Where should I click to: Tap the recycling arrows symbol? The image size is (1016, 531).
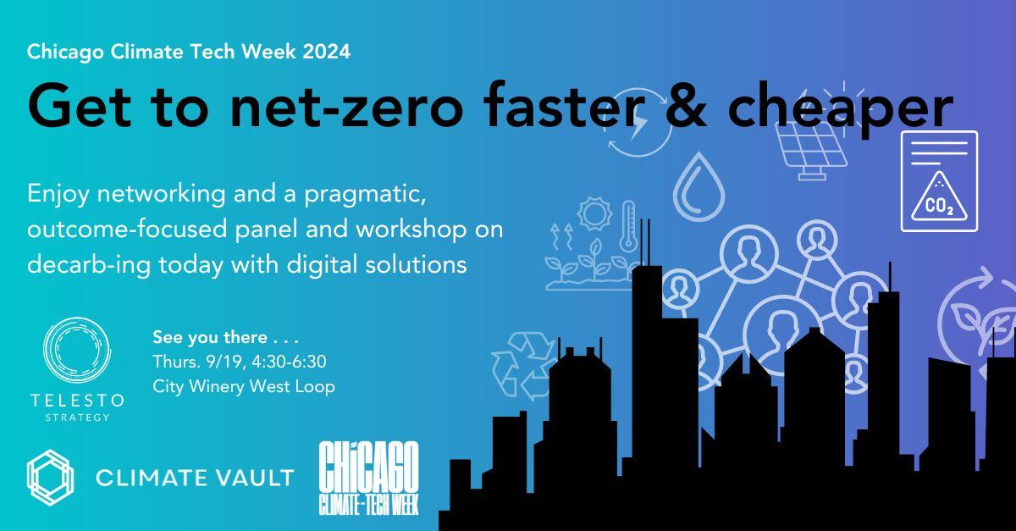522,364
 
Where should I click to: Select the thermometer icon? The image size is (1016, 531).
627,225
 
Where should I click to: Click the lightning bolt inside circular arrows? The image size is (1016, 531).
637,127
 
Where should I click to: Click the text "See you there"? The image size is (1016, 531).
207,336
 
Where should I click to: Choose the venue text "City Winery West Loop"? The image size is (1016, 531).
244,386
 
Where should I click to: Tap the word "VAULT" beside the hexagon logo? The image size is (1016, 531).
253,478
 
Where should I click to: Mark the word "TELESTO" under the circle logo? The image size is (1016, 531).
76,400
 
